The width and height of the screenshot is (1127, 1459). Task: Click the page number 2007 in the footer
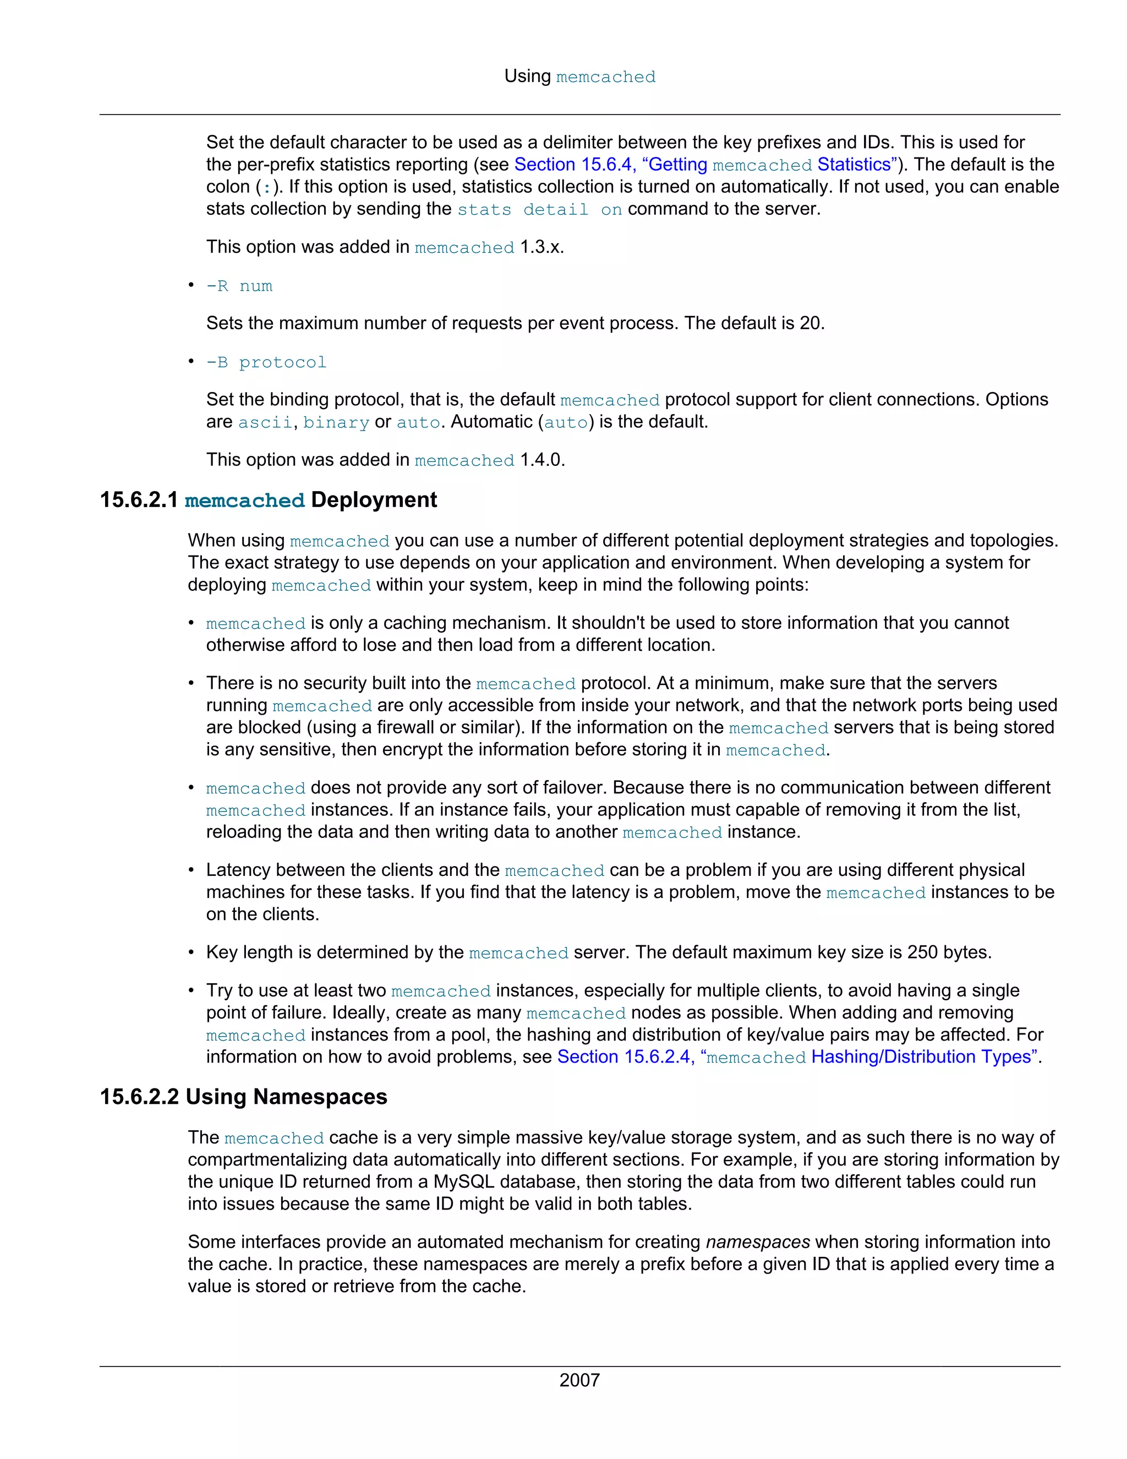point(579,1380)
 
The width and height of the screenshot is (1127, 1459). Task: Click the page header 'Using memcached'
point(579,76)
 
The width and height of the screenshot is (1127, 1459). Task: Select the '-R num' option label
point(239,286)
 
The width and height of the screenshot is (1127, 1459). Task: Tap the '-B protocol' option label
point(266,362)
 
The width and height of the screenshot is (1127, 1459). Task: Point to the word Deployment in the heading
point(374,500)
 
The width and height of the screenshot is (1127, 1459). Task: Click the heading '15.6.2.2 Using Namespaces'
point(243,1096)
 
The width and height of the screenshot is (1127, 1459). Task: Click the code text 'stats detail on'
point(539,209)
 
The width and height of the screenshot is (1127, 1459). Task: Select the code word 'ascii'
point(265,422)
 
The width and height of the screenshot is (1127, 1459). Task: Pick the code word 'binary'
point(336,422)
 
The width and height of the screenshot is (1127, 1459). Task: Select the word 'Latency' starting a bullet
point(238,869)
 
